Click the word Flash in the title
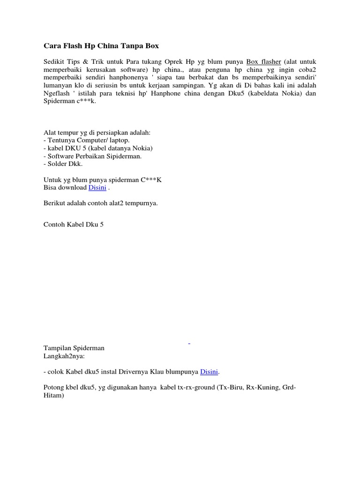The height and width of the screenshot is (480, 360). (x=73, y=46)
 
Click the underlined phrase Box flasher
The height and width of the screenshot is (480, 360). (x=263, y=62)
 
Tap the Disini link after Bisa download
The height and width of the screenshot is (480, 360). (x=97, y=187)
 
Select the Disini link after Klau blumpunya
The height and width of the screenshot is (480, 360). (x=209, y=372)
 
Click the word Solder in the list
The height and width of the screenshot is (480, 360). (x=57, y=164)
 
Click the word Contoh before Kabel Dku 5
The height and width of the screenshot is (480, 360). (x=54, y=225)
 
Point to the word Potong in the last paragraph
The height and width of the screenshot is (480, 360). (x=53, y=388)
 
